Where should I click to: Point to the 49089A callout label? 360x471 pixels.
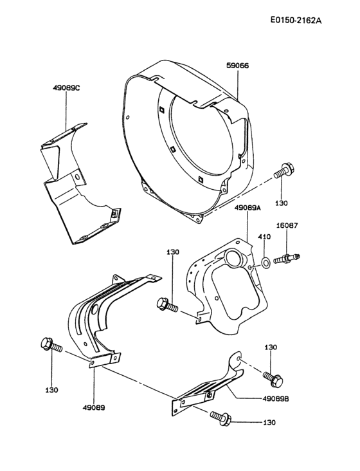(x=248, y=208)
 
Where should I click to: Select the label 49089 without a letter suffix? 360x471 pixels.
(x=94, y=407)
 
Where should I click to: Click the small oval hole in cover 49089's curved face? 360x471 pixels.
(x=95, y=311)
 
